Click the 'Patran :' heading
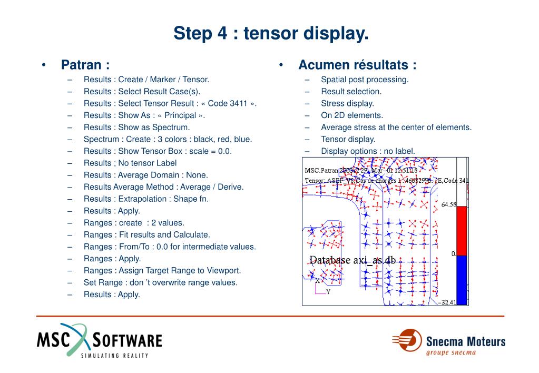[x=85, y=65]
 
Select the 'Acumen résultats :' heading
[x=357, y=65]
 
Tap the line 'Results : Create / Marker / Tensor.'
[x=146, y=80]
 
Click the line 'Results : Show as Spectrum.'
[x=136, y=127]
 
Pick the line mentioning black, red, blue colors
[x=168, y=139]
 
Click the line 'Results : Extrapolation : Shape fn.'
[x=146, y=199]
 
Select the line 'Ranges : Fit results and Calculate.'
[x=146, y=234]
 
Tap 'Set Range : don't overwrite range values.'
[x=160, y=282]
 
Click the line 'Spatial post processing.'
[x=365, y=80]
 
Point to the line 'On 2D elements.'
[x=352, y=115]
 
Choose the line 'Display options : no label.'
[x=368, y=151]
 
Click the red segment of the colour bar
[x=462, y=231]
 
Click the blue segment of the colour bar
[x=462, y=280]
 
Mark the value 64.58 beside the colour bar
[x=448, y=204]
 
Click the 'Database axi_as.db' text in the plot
[x=352, y=260]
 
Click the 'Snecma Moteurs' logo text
[x=465, y=341]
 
